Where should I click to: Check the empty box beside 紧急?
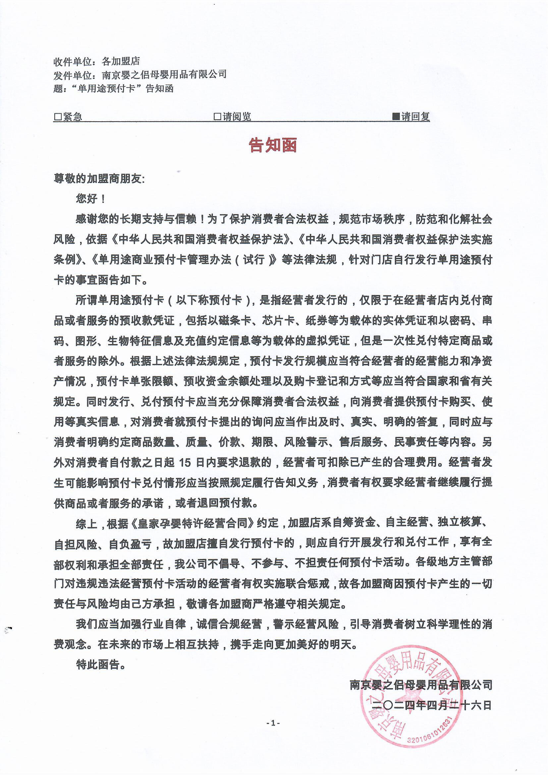tap(58, 117)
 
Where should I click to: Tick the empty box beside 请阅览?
tap(217, 117)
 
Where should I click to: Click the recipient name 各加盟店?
tap(121, 61)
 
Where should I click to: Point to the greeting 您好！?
tap(91, 199)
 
